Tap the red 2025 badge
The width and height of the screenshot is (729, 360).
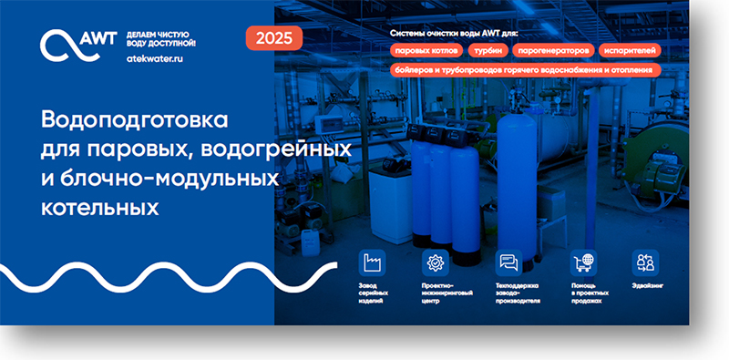(x=274, y=37)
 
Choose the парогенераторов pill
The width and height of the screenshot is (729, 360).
(x=554, y=51)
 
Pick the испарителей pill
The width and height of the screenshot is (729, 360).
(x=630, y=51)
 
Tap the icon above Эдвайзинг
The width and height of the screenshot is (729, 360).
(x=645, y=262)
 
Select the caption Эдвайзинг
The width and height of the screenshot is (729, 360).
(x=645, y=285)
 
